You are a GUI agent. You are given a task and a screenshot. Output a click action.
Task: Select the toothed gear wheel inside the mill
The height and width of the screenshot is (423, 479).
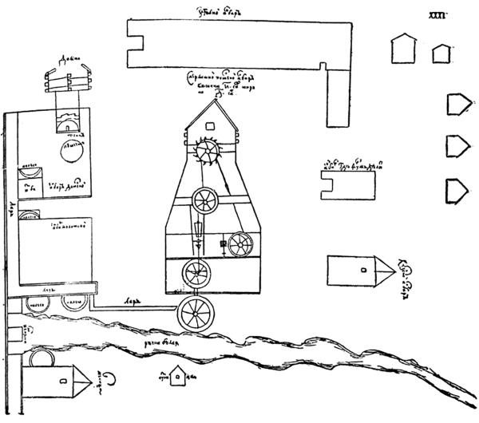[210, 152]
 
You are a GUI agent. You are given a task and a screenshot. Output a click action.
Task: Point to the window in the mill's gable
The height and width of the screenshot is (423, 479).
[211, 125]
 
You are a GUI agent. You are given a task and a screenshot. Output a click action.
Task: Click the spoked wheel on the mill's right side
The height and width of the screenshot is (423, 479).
[239, 245]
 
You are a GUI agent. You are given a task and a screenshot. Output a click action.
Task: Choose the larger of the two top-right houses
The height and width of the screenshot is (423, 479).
[404, 49]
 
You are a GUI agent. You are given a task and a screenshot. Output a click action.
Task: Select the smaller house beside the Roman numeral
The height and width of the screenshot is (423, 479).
[440, 53]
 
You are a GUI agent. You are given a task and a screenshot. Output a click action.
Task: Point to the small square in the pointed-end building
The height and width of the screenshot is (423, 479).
[364, 270]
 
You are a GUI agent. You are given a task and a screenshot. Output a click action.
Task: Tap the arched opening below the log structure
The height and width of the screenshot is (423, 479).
[67, 125]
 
